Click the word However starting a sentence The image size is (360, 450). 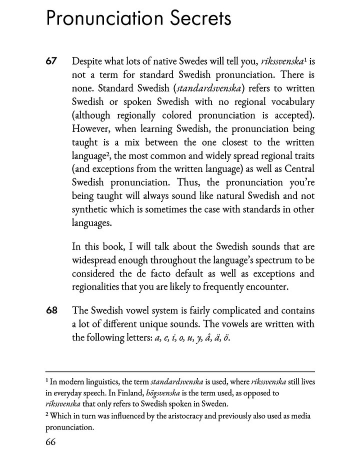point(91,129)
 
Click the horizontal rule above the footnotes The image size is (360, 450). point(180,371)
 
